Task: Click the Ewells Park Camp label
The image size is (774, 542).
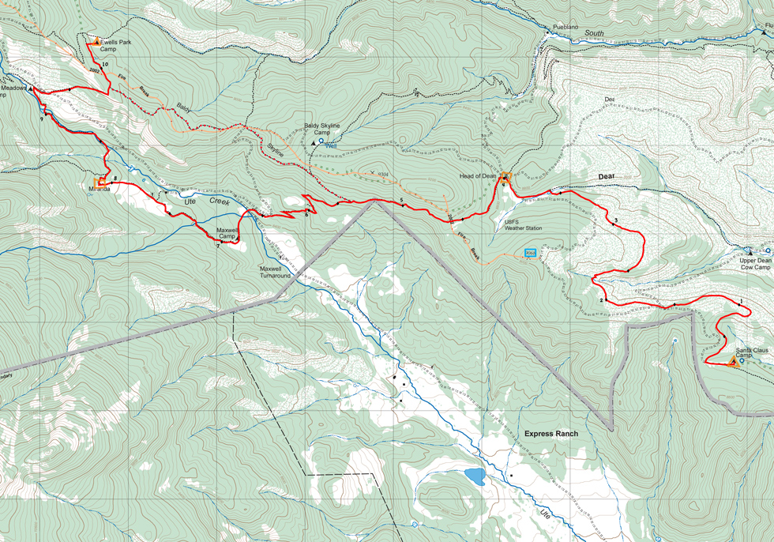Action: coord(115,46)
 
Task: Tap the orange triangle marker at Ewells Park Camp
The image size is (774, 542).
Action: coord(97,41)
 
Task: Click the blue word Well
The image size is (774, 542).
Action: coord(331,145)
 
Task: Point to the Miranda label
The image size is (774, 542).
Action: coord(100,190)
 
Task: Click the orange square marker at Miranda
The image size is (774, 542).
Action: coord(100,182)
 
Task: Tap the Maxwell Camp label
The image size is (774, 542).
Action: coord(227,233)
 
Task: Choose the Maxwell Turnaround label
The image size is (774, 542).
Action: coord(276,273)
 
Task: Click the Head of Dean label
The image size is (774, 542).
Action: coord(477,176)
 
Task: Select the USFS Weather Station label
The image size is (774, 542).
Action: coord(524,225)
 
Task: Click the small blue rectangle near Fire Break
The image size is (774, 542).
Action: coord(531,253)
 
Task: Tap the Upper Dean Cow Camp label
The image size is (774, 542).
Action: coord(755,264)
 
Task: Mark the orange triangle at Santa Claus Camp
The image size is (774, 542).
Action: coord(732,363)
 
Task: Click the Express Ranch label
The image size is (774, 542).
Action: coord(551,434)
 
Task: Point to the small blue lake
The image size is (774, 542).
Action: coord(475,476)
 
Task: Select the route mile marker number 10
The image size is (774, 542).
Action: coord(104,63)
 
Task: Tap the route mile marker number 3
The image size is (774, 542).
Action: coord(615,220)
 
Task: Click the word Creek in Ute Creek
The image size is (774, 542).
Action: coord(220,201)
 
